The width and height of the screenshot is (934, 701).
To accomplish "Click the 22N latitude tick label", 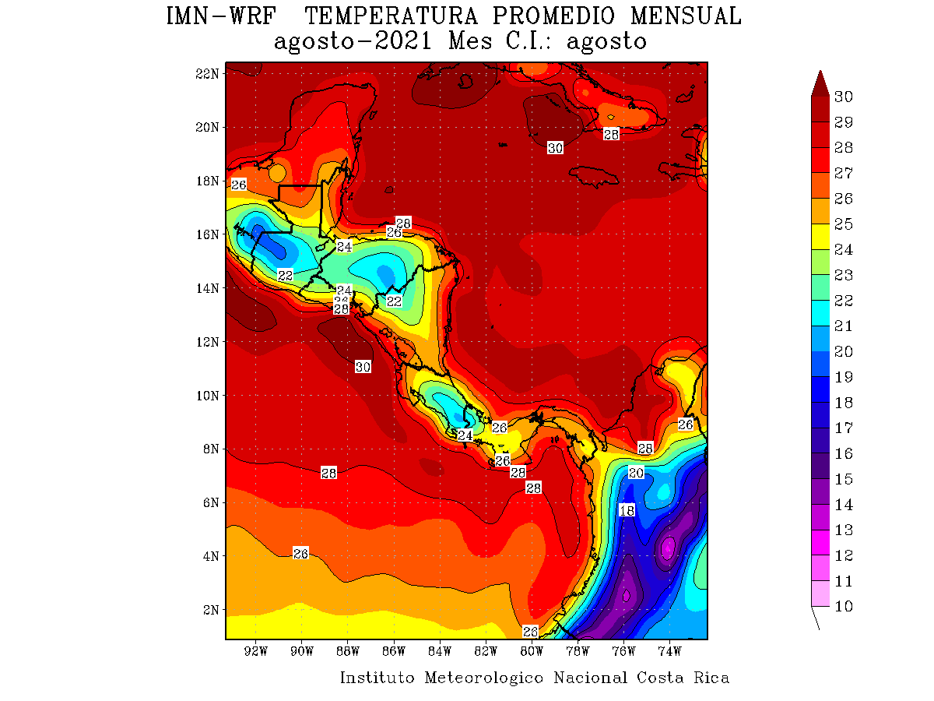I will pyautogui.click(x=208, y=73).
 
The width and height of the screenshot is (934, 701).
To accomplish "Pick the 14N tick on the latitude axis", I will pyautogui.click(x=208, y=288).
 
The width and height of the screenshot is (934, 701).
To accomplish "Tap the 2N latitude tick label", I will pyautogui.click(x=211, y=610).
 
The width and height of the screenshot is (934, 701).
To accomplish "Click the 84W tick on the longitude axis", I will pyautogui.click(x=440, y=650).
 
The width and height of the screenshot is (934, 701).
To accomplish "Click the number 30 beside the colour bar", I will pyautogui.click(x=843, y=97).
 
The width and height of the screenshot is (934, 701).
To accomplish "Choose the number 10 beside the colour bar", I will pyautogui.click(x=843, y=607).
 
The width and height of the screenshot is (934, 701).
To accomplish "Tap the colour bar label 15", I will pyautogui.click(x=843, y=479).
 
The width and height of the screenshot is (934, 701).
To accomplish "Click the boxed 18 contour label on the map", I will pyautogui.click(x=627, y=510).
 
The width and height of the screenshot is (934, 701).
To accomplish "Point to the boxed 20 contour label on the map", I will pyautogui.click(x=636, y=473).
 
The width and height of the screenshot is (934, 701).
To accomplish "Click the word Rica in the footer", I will pyautogui.click(x=711, y=678).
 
